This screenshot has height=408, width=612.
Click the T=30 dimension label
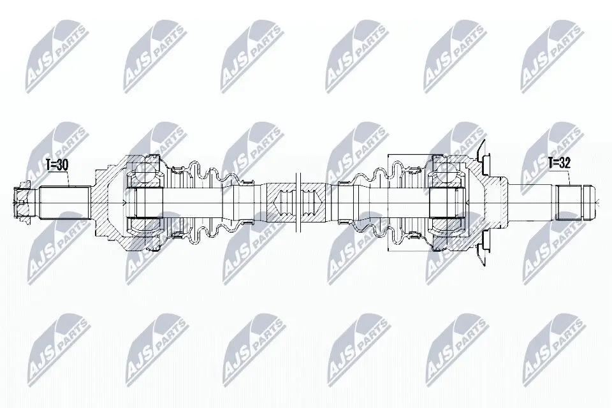pyautogui.click(x=57, y=165)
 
